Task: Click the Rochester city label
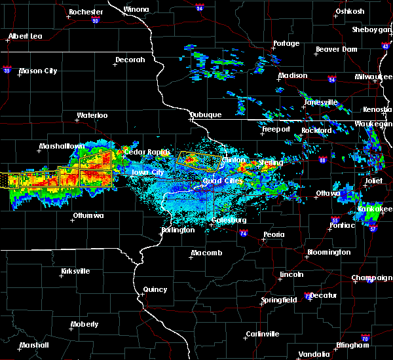tap(86, 12)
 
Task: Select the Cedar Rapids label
tap(142, 152)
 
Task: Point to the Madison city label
tap(292, 76)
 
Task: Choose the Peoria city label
tap(274, 234)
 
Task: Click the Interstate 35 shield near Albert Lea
tap(7, 67)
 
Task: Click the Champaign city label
tap(371, 278)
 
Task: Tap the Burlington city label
tap(178, 230)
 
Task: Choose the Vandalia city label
tap(314, 354)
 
